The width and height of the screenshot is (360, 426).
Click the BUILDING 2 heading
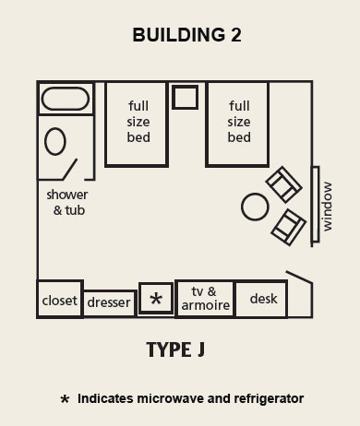click(180, 36)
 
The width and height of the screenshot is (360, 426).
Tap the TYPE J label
click(174, 350)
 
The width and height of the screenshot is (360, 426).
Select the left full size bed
click(136, 124)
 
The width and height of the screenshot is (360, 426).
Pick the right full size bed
click(237, 124)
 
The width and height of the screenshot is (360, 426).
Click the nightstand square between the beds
click(186, 98)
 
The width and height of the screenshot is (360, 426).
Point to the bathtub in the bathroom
click(65, 99)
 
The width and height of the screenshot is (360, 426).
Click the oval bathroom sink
click(54, 141)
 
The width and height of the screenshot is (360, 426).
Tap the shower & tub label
click(66, 202)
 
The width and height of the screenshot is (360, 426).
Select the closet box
click(60, 299)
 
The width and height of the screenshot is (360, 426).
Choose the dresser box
click(110, 302)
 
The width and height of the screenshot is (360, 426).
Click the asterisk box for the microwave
click(156, 299)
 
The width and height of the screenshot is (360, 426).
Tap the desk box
click(263, 299)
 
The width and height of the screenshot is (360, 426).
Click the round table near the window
click(255, 207)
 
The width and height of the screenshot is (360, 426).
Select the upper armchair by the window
click(282, 185)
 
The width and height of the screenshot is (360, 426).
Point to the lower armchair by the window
click(288, 225)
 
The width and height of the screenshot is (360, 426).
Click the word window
click(327, 206)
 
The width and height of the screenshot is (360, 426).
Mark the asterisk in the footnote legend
click(65, 400)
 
